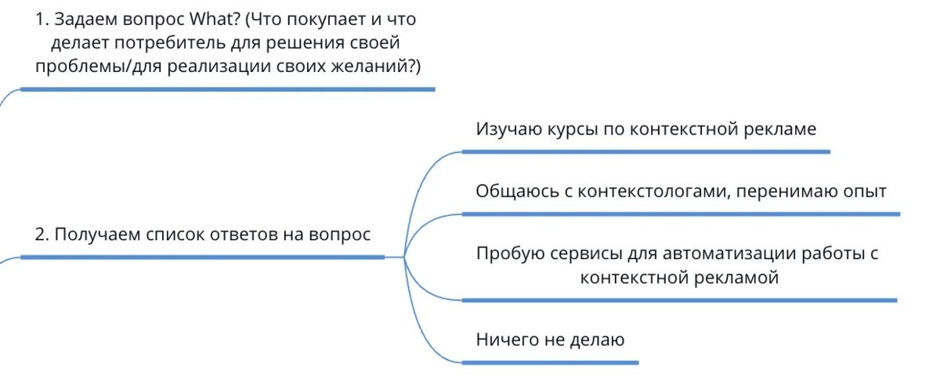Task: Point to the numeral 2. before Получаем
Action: [x=42, y=234]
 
